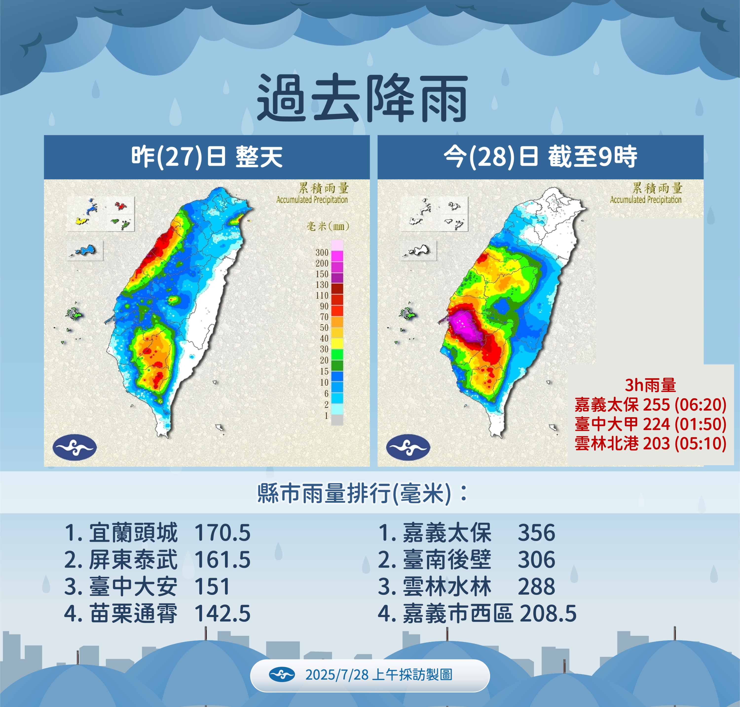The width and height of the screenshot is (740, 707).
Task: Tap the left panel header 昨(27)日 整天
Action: point(207,157)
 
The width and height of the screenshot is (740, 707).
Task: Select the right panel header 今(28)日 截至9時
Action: point(540,157)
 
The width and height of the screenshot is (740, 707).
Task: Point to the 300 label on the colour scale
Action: point(322,253)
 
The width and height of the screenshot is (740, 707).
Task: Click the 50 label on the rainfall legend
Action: point(324,328)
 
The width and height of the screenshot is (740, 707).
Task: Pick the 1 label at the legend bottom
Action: point(326,416)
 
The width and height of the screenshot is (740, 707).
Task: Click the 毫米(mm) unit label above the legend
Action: point(327,226)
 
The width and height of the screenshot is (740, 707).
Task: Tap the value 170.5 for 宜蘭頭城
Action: point(222,533)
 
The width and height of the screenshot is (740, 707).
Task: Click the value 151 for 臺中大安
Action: point(212,587)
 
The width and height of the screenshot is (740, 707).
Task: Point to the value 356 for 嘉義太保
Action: point(536,533)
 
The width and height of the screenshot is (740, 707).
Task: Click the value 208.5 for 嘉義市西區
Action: point(548,614)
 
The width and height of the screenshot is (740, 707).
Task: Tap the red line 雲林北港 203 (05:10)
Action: point(650,444)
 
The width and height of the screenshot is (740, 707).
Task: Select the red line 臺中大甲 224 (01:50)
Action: point(650,424)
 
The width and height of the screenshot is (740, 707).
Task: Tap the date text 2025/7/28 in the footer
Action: point(337,674)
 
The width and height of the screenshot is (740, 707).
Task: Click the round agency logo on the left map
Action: point(75,447)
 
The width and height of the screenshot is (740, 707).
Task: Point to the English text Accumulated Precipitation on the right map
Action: point(646,200)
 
